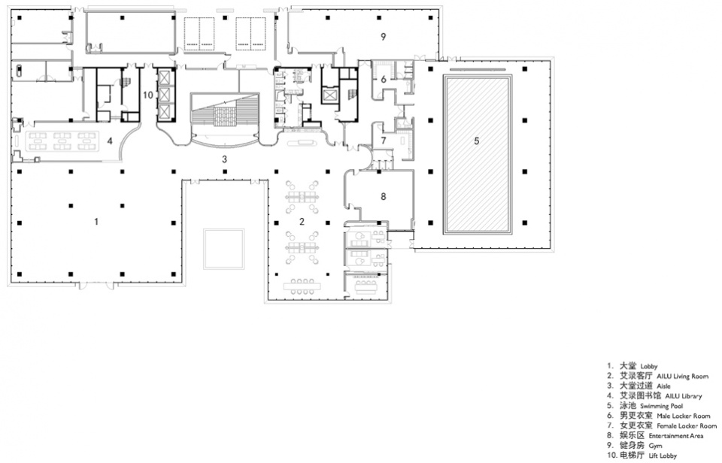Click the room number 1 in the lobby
[96, 222]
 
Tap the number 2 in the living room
[302, 222]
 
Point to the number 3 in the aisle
[225, 159]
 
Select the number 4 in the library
[110, 141]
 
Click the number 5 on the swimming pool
[477, 141]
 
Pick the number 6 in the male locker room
[384, 79]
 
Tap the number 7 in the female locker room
[384, 141]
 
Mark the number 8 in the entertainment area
[383, 196]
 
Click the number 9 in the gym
[383, 37]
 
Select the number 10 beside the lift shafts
[148, 95]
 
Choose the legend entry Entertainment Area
[676, 436]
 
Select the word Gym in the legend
[655, 446]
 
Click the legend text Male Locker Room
[684, 416]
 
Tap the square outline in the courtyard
[224, 249]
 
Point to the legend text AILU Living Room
[682, 377]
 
